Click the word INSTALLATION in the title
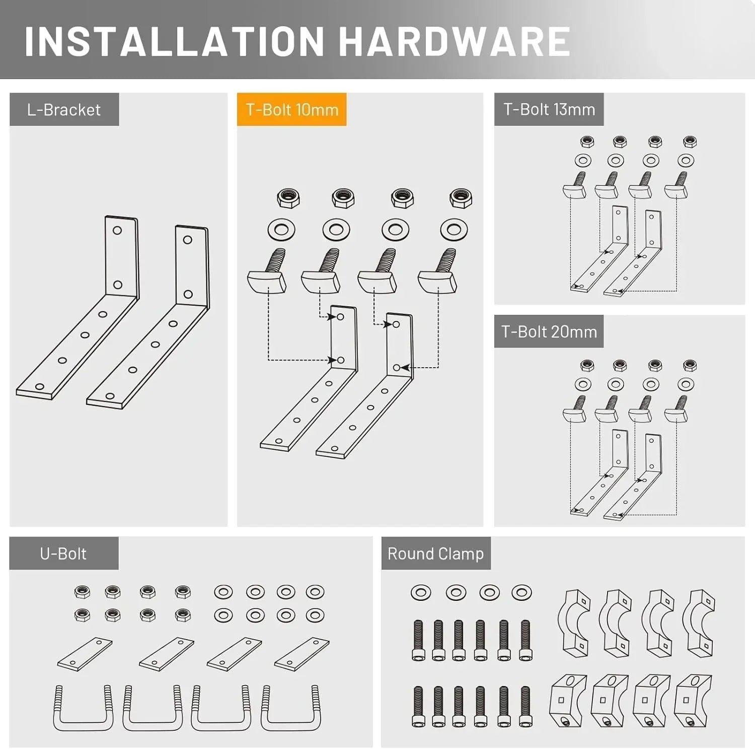point(174,41)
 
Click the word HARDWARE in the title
point(455,41)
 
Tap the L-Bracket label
point(64,110)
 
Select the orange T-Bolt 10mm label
point(292,110)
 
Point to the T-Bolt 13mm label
point(549,109)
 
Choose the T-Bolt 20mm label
point(549,332)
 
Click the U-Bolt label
point(63,554)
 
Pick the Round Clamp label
point(436,554)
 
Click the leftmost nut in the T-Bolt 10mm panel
point(288,198)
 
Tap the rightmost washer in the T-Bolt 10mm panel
point(454,230)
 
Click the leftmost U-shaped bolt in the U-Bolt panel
point(84,708)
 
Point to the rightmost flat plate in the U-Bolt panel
point(302,654)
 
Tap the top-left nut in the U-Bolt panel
point(82,591)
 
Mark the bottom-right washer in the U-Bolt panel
point(315,615)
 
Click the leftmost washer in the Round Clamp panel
point(421,592)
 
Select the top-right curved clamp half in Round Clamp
point(702,623)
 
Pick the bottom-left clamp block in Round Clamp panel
point(569,700)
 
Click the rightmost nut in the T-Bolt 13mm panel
point(690,142)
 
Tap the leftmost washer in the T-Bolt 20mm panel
point(583,384)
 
